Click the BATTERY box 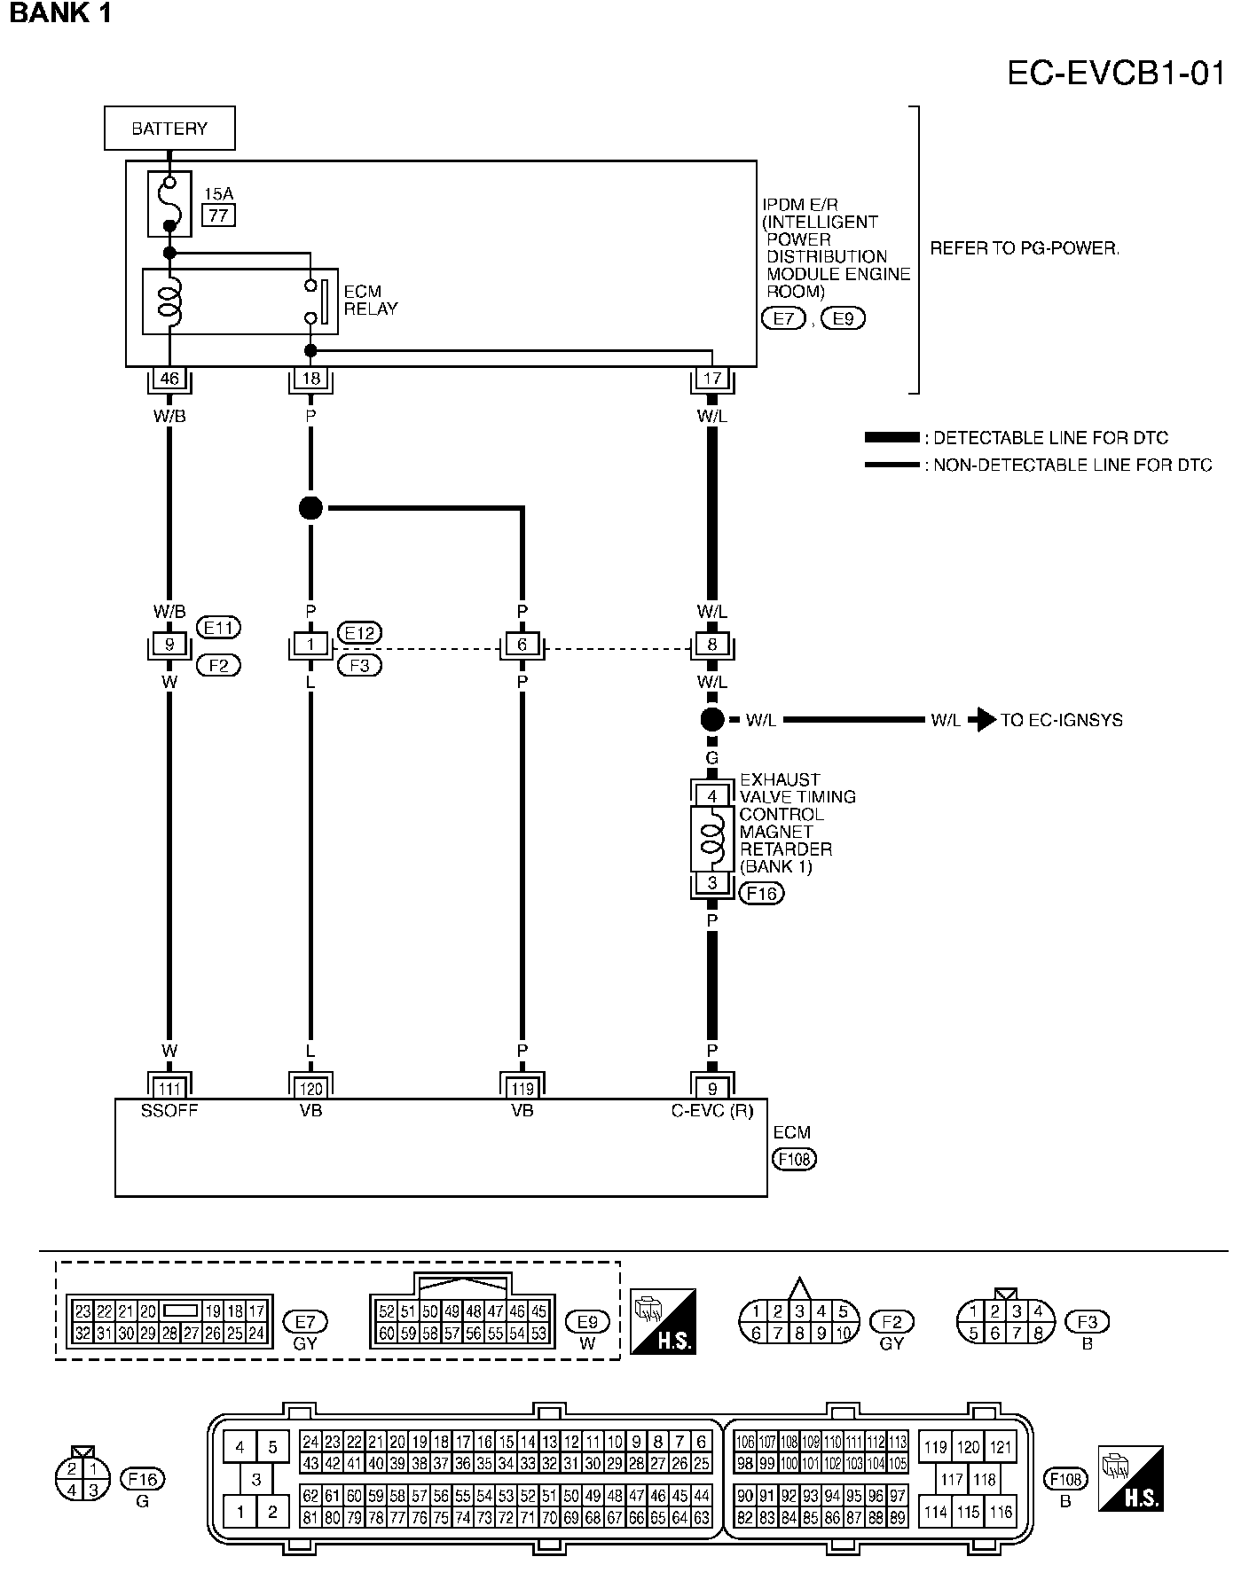169,129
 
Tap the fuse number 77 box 218,215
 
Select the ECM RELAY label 370,301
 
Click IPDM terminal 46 169,379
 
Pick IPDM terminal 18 310,379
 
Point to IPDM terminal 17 711,379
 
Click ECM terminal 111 169,1089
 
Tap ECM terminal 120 310,1089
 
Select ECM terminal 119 522,1089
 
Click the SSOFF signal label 169,1110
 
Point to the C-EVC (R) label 711,1110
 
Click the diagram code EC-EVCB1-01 1116,74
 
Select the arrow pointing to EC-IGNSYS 981,720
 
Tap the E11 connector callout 218,629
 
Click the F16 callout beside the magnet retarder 762,894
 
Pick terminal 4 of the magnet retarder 711,796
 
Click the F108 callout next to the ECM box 794,1158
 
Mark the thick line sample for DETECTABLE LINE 892,438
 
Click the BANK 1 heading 60,14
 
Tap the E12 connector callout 359,633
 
